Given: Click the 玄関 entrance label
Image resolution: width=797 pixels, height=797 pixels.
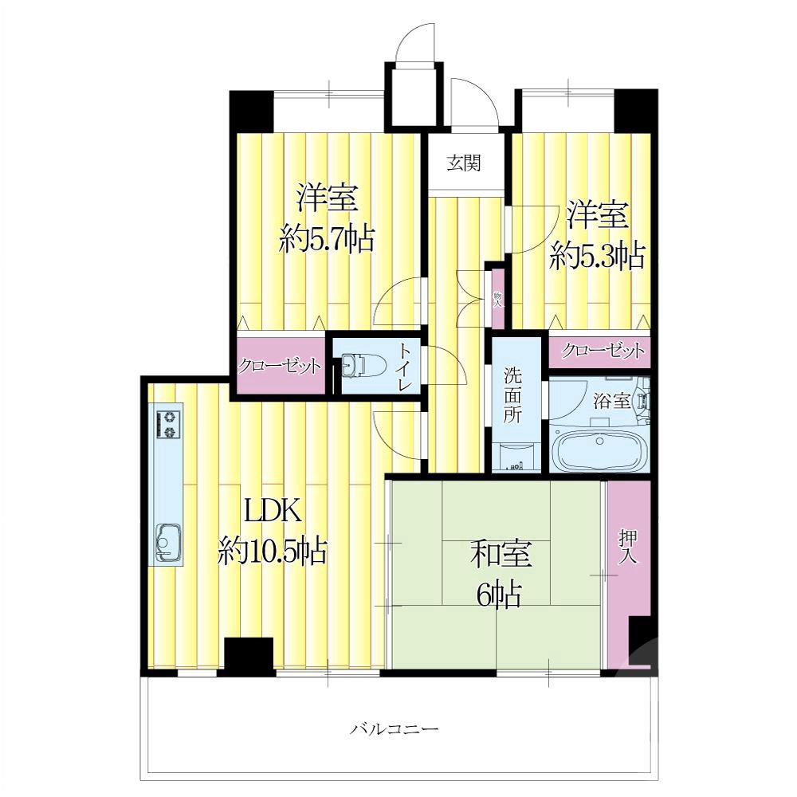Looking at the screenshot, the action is point(464,163).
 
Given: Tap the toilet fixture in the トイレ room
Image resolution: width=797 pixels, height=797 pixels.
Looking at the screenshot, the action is point(355,365).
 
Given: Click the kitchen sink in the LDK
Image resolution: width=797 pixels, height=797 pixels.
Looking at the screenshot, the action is point(168,542).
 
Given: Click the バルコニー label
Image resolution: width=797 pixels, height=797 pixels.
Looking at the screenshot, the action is point(395,730).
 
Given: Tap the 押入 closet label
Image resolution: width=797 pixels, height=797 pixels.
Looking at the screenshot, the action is point(628,547).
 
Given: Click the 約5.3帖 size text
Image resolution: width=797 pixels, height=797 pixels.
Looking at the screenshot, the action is point(597,256).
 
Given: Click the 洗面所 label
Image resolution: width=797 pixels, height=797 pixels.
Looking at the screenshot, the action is point(512,395).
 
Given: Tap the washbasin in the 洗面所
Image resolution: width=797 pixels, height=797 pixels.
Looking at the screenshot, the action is point(513,457).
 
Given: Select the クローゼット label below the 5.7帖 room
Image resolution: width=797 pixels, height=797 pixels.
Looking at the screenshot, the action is point(280,366).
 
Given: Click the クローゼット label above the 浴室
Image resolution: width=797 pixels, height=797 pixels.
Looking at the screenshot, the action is point(603,350).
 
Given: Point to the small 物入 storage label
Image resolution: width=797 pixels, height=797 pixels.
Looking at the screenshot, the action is point(497,300).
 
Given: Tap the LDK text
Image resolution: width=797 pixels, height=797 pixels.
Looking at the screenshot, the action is point(273,511).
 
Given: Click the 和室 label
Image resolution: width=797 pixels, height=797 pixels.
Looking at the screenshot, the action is point(501,554).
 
